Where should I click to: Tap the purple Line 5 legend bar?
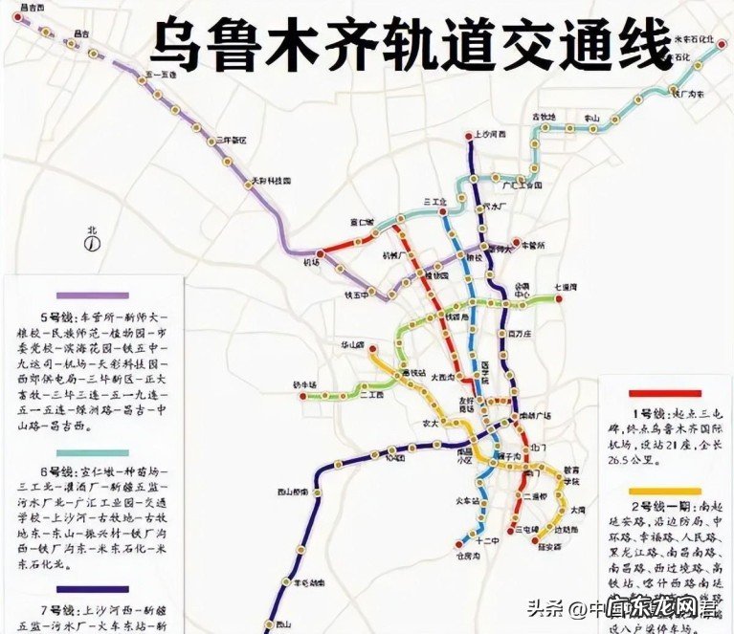point(93,296)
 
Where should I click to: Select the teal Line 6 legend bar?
point(93,451)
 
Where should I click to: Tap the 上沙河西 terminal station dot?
point(470,136)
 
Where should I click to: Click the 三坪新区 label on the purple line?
point(233,140)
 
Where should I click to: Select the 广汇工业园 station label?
point(524,186)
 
